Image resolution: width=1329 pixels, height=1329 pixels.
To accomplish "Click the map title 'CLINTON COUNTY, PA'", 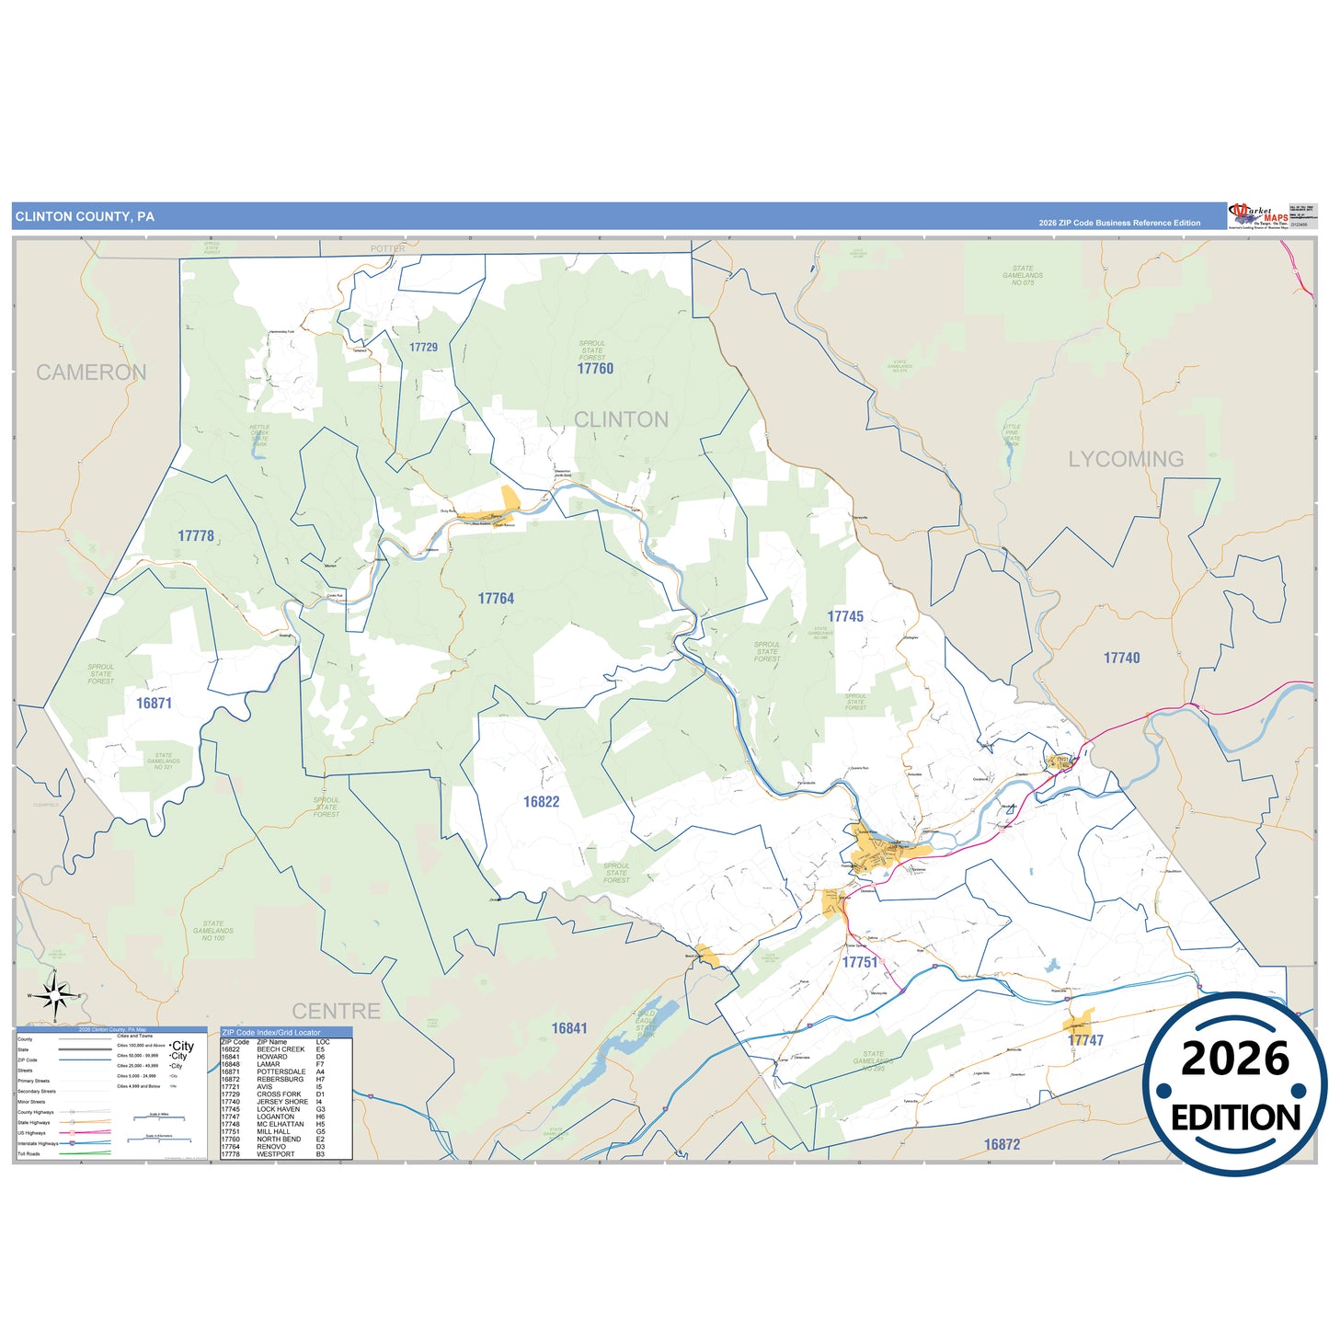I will tap(85, 217).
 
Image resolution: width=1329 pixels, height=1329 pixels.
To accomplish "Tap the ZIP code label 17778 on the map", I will tap(196, 536).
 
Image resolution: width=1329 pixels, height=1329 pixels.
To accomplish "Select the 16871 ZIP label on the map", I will tap(154, 704).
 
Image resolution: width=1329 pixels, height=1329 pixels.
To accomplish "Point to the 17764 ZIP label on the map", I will tap(496, 599).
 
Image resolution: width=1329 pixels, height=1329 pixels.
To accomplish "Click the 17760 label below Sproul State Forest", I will tap(595, 369).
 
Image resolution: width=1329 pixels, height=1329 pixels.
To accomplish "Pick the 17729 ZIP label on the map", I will tap(423, 348).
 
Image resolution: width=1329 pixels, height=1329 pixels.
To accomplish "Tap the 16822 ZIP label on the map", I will tap(541, 802).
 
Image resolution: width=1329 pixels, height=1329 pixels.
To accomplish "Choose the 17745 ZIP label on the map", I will tap(845, 617).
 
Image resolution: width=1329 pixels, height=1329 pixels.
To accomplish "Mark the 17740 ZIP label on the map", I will tap(1121, 659).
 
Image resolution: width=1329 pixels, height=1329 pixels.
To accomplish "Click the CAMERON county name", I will tap(91, 372).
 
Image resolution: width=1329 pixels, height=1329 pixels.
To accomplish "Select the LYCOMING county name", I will tap(1126, 459).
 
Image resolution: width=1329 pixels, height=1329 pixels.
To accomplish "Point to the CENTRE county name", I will tap(336, 1012).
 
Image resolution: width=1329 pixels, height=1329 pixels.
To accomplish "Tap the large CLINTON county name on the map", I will tap(621, 419).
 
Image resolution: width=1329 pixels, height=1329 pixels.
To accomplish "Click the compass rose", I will tap(55, 995).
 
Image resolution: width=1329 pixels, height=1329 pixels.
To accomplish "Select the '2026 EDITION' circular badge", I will tap(1235, 1085).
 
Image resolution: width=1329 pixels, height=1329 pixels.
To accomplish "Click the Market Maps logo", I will tap(1257, 216).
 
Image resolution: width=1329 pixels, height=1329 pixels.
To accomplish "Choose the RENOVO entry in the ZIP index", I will tap(273, 1147).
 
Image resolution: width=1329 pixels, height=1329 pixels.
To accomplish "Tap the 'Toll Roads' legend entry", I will tap(29, 1153).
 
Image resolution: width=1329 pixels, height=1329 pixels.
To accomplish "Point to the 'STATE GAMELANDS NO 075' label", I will tap(1023, 275).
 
